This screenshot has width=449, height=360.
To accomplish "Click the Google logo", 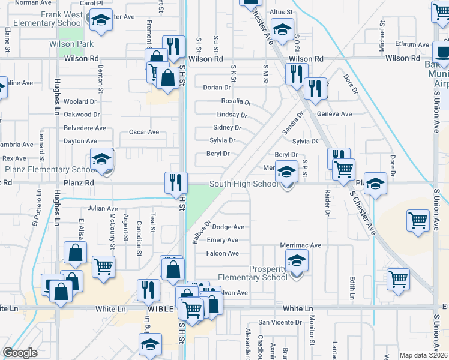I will tap(20, 353).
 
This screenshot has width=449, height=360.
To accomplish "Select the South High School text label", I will tap(244, 184).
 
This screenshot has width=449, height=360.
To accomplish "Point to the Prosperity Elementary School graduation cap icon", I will tap(297, 262).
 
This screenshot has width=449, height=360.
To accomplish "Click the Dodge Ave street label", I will tap(229, 227).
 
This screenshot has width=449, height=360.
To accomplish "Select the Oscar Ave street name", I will tap(144, 132).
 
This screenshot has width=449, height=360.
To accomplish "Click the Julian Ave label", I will tap(102, 209).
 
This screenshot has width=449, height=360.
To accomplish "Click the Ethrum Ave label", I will tap(412, 44).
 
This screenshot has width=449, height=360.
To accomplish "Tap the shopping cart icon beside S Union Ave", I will tap(418, 220).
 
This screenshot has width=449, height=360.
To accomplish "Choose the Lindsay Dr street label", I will tap(232, 115).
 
